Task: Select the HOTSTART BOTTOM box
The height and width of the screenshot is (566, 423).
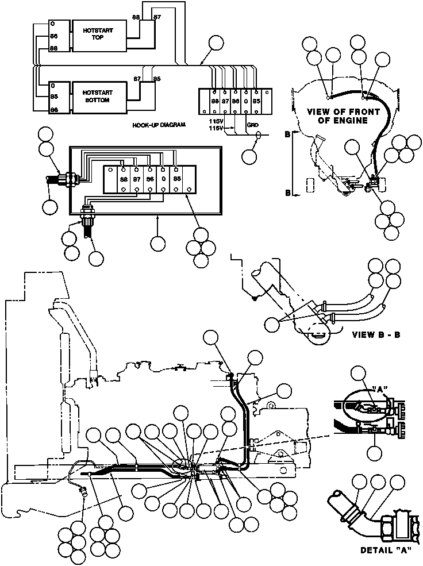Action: click(98, 95)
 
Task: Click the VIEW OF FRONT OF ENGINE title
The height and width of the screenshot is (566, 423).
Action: click(344, 115)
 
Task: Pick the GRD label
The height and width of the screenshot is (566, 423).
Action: click(253, 124)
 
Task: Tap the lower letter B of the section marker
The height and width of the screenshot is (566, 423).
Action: click(287, 194)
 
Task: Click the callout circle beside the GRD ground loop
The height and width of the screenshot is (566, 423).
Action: click(250, 155)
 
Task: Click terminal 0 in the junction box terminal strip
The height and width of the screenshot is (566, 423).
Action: click(163, 179)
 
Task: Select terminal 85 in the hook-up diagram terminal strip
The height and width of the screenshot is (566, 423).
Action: click(256, 101)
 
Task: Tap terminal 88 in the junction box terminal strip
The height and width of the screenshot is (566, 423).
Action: click(124, 179)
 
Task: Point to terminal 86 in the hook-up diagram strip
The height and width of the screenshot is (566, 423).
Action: click(235, 101)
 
